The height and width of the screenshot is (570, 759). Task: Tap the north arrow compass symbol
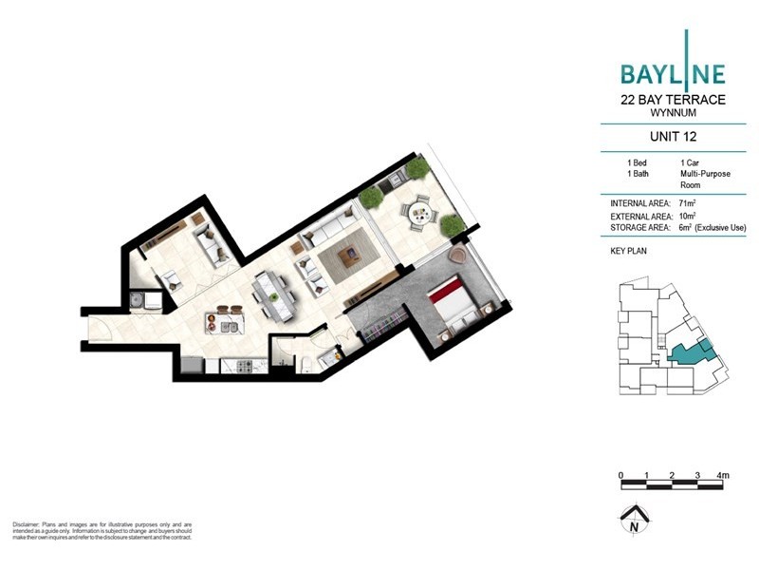click(630, 521)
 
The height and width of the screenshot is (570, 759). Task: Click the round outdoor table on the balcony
click(417, 214)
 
